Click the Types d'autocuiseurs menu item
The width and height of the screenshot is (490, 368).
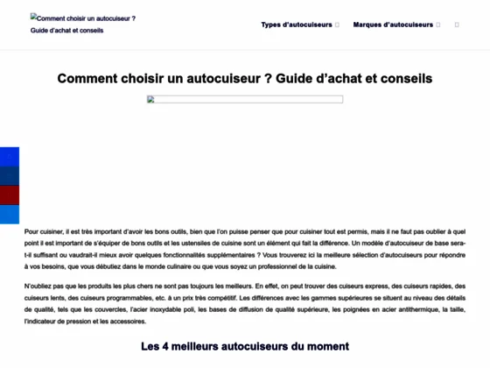pos(296,25)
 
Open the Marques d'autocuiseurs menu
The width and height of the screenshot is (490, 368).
pos(393,25)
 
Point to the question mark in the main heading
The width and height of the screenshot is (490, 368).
pos(268,78)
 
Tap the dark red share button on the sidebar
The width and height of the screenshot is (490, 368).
pos(9,195)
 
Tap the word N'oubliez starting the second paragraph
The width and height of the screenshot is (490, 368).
pos(40,287)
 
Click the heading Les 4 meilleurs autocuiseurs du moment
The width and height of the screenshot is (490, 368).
pos(244,346)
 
